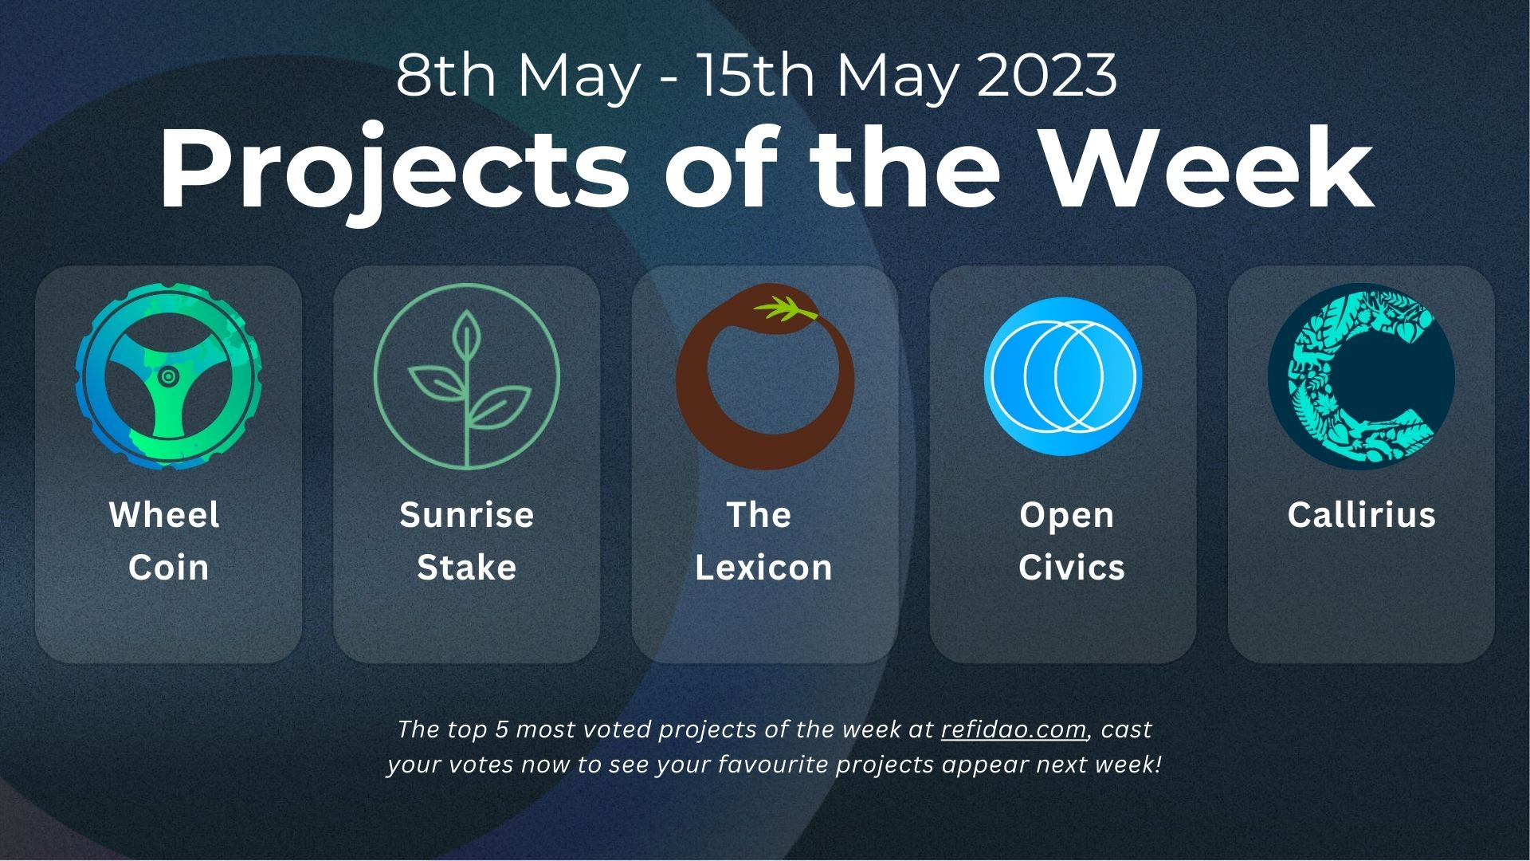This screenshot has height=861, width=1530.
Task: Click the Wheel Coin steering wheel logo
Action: (x=168, y=376)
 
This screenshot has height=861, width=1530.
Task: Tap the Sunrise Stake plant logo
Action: (x=466, y=376)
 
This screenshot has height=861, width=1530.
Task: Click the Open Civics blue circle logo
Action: (x=1063, y=376)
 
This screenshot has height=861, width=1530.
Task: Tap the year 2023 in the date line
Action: (x=1047, y=76)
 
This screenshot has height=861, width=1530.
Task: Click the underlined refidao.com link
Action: (x=1013, y=729)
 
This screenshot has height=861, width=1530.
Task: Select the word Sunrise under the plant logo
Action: (x=467, y=515)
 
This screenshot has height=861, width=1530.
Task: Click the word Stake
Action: (x=467, y=568)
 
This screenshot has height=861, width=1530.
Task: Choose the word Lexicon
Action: (x=763, y=568)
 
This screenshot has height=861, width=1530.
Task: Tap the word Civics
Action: (x=1072, y=568)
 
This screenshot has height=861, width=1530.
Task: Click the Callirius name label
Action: (x=1361, y=515)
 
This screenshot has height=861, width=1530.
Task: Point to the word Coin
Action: (x=169, y=568)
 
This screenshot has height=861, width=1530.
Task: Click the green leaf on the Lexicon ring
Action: (x=785, y=309)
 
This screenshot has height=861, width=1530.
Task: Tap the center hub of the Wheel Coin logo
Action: (x=167, y=376)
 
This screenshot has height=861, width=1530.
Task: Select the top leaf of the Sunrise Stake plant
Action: (x=466, y=336)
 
